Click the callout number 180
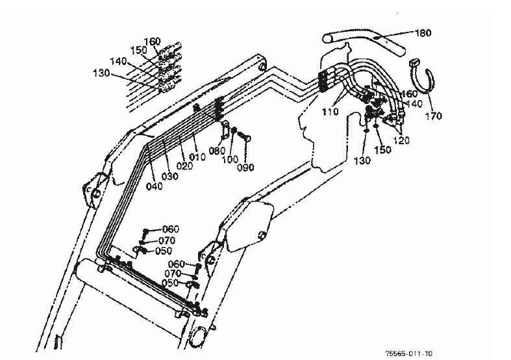423,33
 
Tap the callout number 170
434,116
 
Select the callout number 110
330,112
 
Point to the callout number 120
401,140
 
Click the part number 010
197,157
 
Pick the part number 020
184,166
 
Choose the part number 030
169,176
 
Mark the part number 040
154,186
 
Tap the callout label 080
217,151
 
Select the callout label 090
245,168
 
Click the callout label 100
231,160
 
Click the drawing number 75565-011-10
409,354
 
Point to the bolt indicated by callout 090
244,136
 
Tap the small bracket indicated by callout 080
225,129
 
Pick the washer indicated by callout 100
234,131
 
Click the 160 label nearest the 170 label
409,94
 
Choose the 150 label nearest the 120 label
382,149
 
